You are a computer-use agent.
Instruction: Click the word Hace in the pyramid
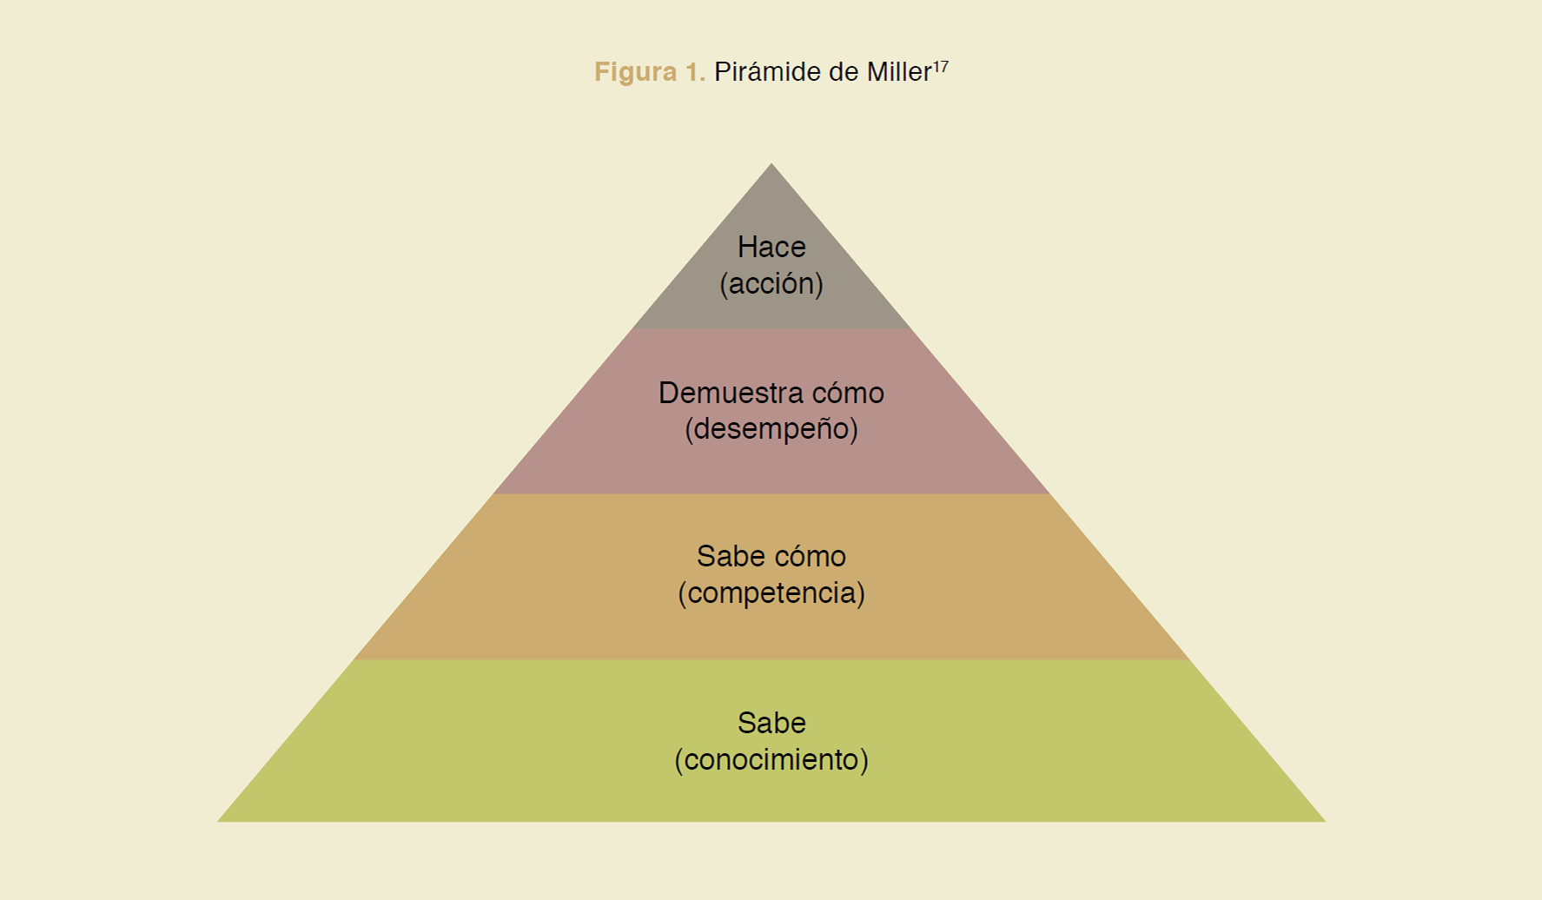[x=771, y=248]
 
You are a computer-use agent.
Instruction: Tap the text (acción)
[x=771, y=284]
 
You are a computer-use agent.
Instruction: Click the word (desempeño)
[x=771, y=429]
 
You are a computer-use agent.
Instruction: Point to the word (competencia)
[x=771, y=593]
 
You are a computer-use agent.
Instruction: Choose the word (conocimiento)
[x=771, y=760]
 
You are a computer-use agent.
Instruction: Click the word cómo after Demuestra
[x=848, y=394]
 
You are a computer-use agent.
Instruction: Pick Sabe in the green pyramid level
[x=771, y=724]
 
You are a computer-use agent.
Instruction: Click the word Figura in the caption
[x=635, y=72]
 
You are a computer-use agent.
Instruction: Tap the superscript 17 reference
[x=941, y=66]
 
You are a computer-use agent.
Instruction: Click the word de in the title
[x=844, y=72]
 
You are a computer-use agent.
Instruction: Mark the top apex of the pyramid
[x=771, y=165]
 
